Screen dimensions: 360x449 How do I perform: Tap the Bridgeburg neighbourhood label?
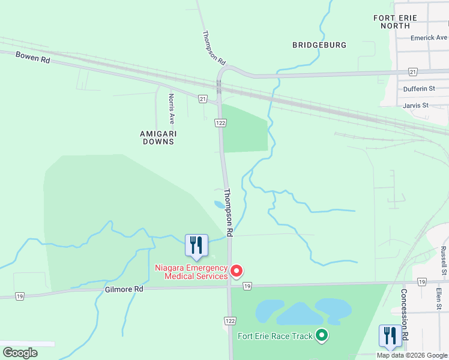(x=319, y=45)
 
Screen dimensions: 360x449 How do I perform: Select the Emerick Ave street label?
(x=429, y=37)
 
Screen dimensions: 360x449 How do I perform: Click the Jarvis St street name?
(x=416, y=105)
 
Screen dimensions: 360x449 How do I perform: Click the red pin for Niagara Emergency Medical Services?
(x=237, y=271)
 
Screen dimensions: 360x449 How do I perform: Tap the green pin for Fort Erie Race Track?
(x=322, y=335)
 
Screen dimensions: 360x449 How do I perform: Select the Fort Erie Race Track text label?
(x=275, y=336)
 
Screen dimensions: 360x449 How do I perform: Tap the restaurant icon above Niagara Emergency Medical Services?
(x=196, y=245)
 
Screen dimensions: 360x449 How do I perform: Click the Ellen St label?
(x=439, y=298)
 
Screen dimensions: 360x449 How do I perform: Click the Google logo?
(x=20, y=353)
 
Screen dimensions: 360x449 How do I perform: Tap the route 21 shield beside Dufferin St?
(x=412, y=71)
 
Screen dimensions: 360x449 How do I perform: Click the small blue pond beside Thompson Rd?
(x=220, y=205)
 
